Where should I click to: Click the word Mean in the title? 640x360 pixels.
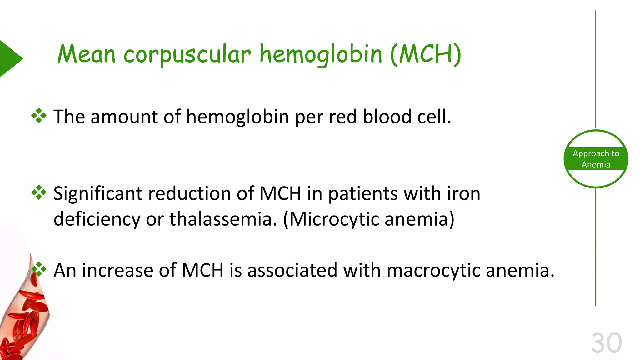[x=87, y=54]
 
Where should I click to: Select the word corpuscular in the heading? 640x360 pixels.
[x=187, y=55]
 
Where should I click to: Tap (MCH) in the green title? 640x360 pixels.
[x=426, y=54]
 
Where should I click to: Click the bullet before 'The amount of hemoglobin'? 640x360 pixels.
[x=39, y=116]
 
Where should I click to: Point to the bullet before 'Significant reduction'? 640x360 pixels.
[x=39, y=192]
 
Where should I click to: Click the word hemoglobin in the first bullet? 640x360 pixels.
[x=237, y=117]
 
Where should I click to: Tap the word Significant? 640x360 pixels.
[x=98, y=194]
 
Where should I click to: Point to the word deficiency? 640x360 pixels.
[x=97, y=219]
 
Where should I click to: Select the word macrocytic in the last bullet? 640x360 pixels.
[x=433, y=271]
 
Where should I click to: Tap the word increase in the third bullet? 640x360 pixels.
[x=117, y=270]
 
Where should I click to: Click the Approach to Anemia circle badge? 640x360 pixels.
[x=596, y=159]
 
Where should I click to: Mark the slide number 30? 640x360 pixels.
[x=607, y=343]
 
